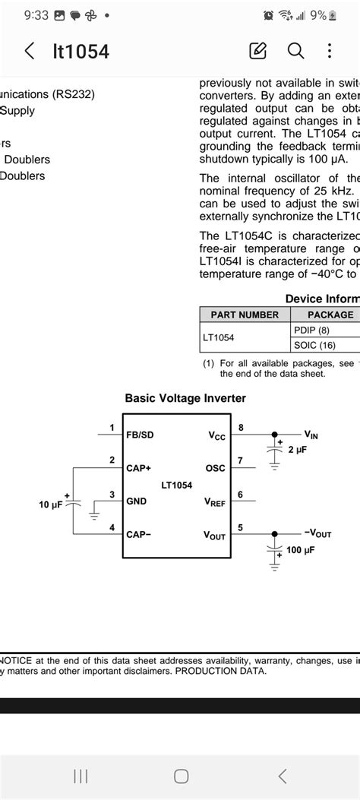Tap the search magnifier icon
point(295,51)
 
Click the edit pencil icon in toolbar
point(258,51)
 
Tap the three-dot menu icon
point(330,51)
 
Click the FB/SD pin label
point(140,435)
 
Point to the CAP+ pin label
point(139,468)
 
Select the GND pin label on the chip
point(137,501)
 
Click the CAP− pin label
point(139,534)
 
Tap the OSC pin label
point(216,469)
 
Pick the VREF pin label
point(214,502)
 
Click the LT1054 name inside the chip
point(177,485)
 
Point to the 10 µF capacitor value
point(52,504)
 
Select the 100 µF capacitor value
point(301,549)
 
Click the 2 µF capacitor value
point(298,450)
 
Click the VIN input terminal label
point(311,435)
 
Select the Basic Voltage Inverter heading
point(185,398)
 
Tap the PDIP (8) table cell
point(312,330)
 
